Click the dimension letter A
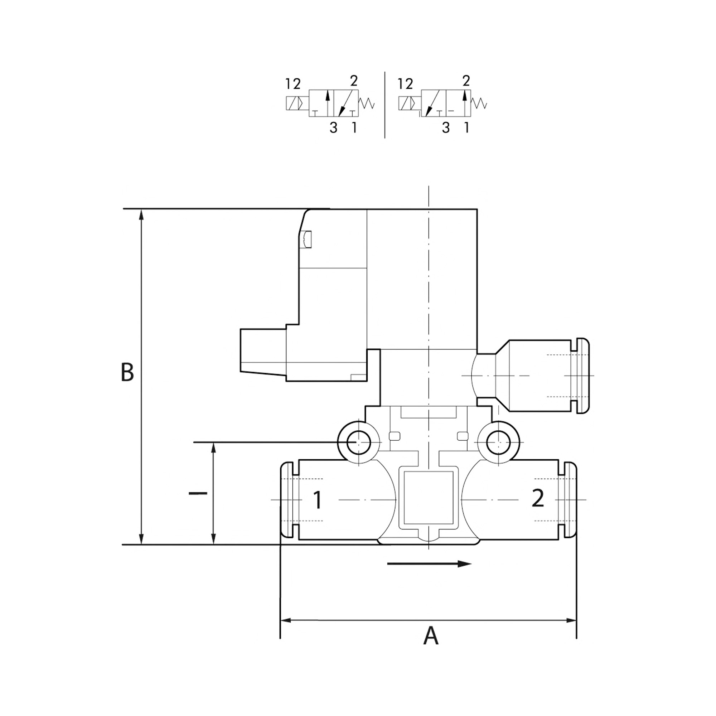431,636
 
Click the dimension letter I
198,493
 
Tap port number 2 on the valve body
538,498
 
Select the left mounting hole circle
358,442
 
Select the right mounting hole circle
498,442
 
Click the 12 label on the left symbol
293,84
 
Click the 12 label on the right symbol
405,84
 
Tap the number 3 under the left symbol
334,128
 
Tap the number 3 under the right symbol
446,128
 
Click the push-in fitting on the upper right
541,376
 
